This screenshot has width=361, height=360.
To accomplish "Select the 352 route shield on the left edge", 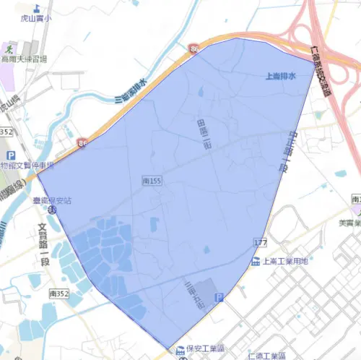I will (6, 132).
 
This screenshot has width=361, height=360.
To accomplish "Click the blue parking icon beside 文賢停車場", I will (12, 156).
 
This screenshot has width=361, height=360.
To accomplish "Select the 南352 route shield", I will (58, 294).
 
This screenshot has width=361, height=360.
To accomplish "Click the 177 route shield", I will (261, 240).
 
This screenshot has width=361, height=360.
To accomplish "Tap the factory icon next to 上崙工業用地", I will (256, 260).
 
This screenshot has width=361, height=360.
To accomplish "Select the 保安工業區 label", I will (206, 348).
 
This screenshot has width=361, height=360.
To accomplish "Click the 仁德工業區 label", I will (268, 356).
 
